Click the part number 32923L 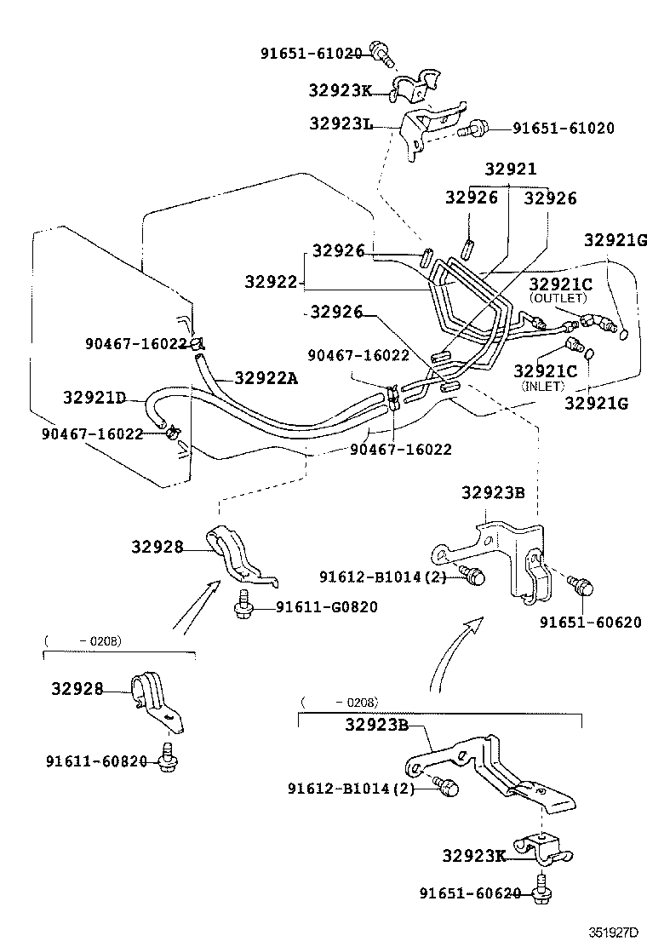coord(341,124)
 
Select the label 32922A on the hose coord(266,379)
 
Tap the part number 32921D coord(94,398)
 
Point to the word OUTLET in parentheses coord(558,298)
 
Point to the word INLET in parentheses coord(542,386)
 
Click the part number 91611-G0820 coord(326,606)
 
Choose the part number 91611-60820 coord(97,760)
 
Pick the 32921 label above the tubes coord(511,169)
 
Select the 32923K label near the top coord(341,89)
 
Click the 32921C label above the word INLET coord(545,371)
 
